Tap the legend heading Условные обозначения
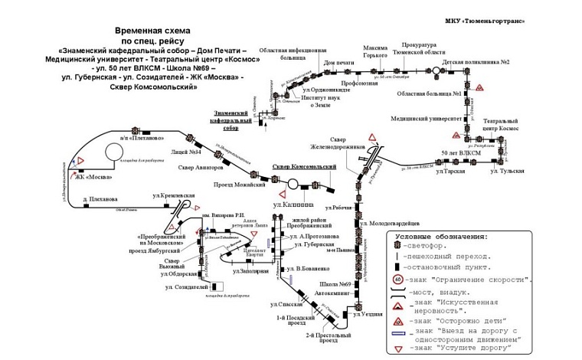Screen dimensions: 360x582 pyautogui.click(x=441, y=237)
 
